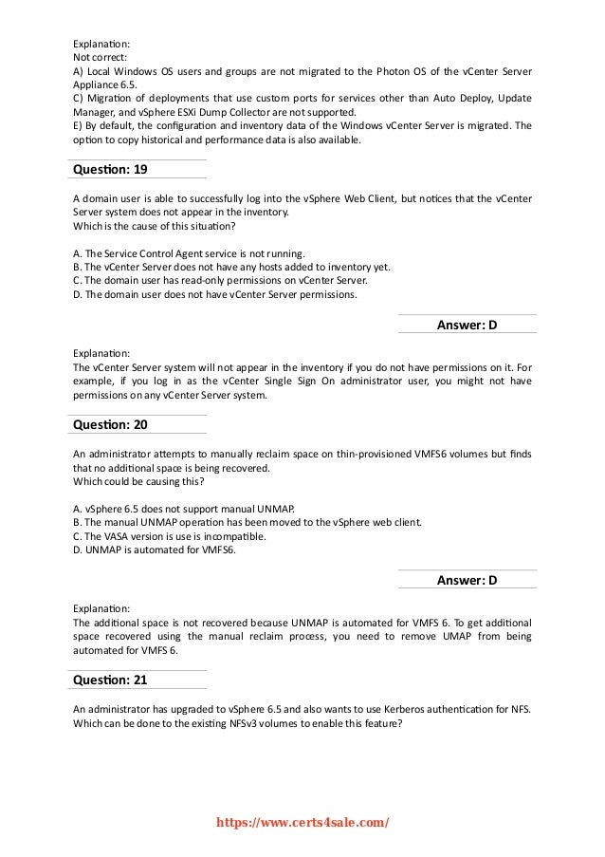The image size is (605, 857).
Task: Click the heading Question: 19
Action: click(x=109, y=170)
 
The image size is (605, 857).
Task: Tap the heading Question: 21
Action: click(x=109, y=680)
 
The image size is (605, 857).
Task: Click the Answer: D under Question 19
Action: click(x=467, y=326)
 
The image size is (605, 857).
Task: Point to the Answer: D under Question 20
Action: click(x=467, y=580)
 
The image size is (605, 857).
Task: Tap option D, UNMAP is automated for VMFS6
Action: click(x=157, y=549)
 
